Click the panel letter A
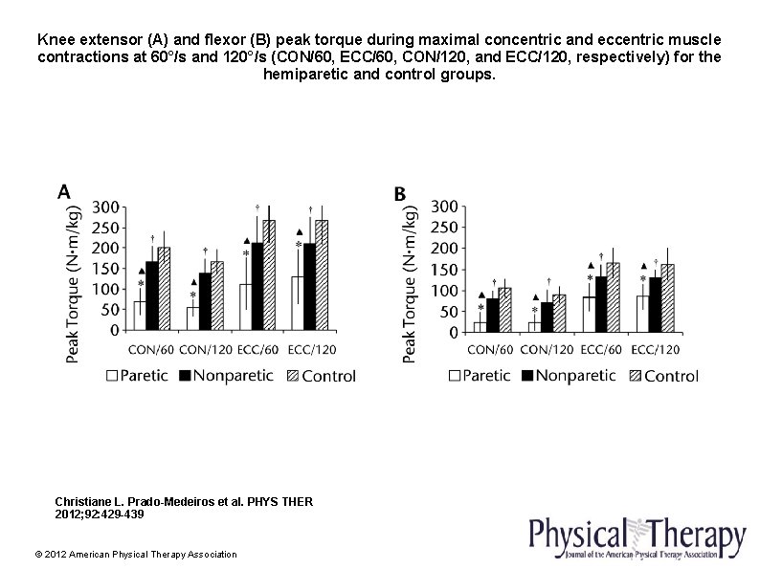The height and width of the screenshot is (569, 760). pyautogui.click(x=63, y=192)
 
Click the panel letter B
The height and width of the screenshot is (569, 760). pyautogui.click(x=400, y=194)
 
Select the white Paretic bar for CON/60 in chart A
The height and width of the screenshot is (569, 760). pyautogui.click(x=140, y=316)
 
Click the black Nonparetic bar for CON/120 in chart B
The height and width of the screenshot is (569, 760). pyautogui.click(x=547, y=317)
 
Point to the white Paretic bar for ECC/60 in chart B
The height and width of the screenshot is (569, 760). pyautogui.click(x=589, y=315)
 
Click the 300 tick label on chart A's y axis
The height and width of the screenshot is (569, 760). pyautogui.click(x=105, y=207)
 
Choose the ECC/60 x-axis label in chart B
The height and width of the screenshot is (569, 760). pyautogui.click(x=602, y=349)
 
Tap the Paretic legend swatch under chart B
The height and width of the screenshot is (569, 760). pyautogui.click(x=455, y=377)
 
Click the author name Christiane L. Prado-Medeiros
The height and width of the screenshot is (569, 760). pyautogui.click(x=121, y=501)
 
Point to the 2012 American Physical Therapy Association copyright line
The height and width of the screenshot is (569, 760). pyautogui.click(x=135, y=554)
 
